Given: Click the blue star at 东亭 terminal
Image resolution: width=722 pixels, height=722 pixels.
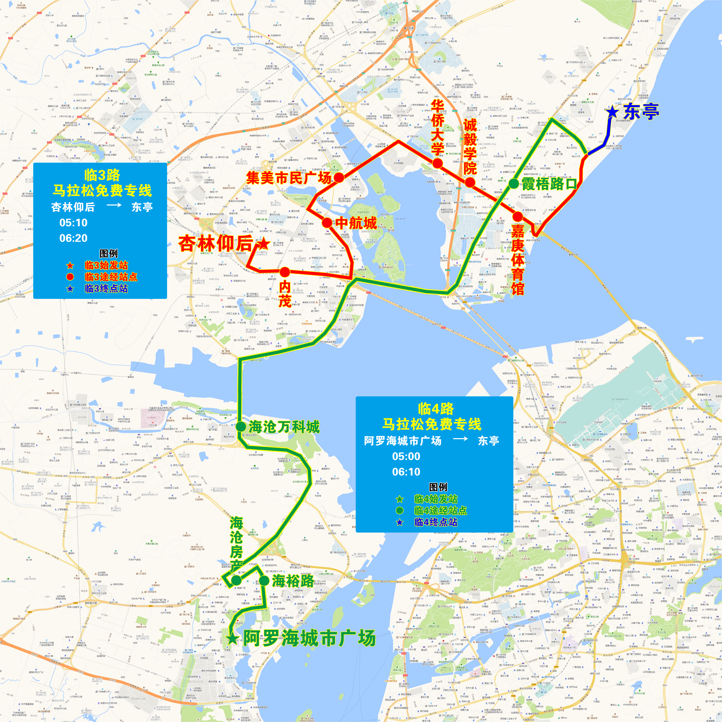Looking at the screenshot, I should coord(612,112).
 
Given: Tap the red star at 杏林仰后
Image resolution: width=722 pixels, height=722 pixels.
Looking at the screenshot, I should coord(263,244).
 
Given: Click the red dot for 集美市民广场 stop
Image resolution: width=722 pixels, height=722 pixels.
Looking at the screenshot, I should coord(339,177).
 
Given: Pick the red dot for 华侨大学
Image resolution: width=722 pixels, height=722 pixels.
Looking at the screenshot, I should coord(438,163).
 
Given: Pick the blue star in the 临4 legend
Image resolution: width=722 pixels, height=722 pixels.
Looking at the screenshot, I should coord(400,522).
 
